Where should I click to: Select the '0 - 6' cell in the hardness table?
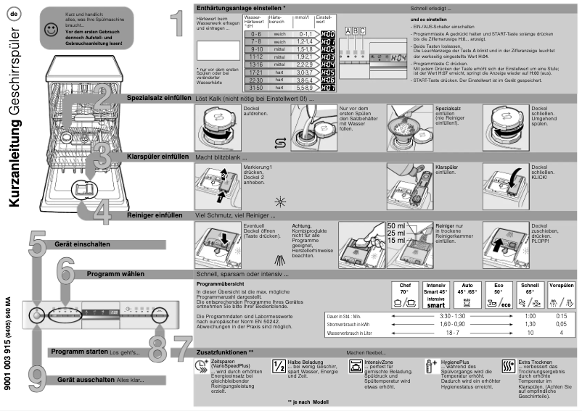point(255,33)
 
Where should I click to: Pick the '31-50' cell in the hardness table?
point(255,88)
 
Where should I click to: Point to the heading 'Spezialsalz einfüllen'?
point(157,97)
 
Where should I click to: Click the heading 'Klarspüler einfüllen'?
point(157,156)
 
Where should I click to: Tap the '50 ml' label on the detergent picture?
point(397,225)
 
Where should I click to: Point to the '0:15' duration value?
point(561,317)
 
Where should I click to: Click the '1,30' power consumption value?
point(530,325)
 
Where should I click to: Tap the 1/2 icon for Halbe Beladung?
point(277,366)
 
